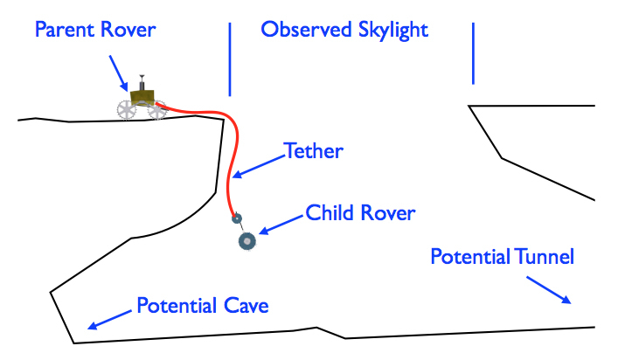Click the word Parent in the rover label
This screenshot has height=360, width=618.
(65, 30)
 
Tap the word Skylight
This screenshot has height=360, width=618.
(389, 30)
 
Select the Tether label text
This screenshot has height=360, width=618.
(315, 151)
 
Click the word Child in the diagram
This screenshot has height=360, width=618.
(330, 212)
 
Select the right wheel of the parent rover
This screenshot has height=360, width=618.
(157, 109)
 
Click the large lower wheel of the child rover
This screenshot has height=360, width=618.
(247, 240)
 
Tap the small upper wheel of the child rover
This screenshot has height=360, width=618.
(235, 218)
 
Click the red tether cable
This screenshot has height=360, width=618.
(229, 175)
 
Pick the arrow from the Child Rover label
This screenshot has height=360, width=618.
(279, 225)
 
